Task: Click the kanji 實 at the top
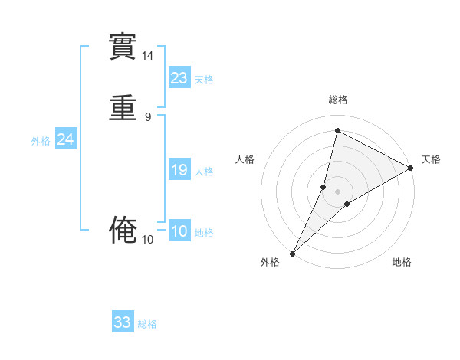(123, 47)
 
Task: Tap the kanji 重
(123, 107)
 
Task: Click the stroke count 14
(147, 56)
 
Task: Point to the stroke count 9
(147, 116)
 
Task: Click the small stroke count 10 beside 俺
(147, 240)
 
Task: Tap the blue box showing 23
(179, 78)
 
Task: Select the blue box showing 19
(179, 170)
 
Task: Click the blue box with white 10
(179, 231)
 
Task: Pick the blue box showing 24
(66, 139)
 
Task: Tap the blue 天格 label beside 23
(204, 80)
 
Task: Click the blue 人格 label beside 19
(204, 172)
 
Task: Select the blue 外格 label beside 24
(41, 141)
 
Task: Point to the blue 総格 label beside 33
(147, 324)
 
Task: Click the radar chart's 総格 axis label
(337, 100)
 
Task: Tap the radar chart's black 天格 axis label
(431, 159)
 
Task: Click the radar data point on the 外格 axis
(292, 253)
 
